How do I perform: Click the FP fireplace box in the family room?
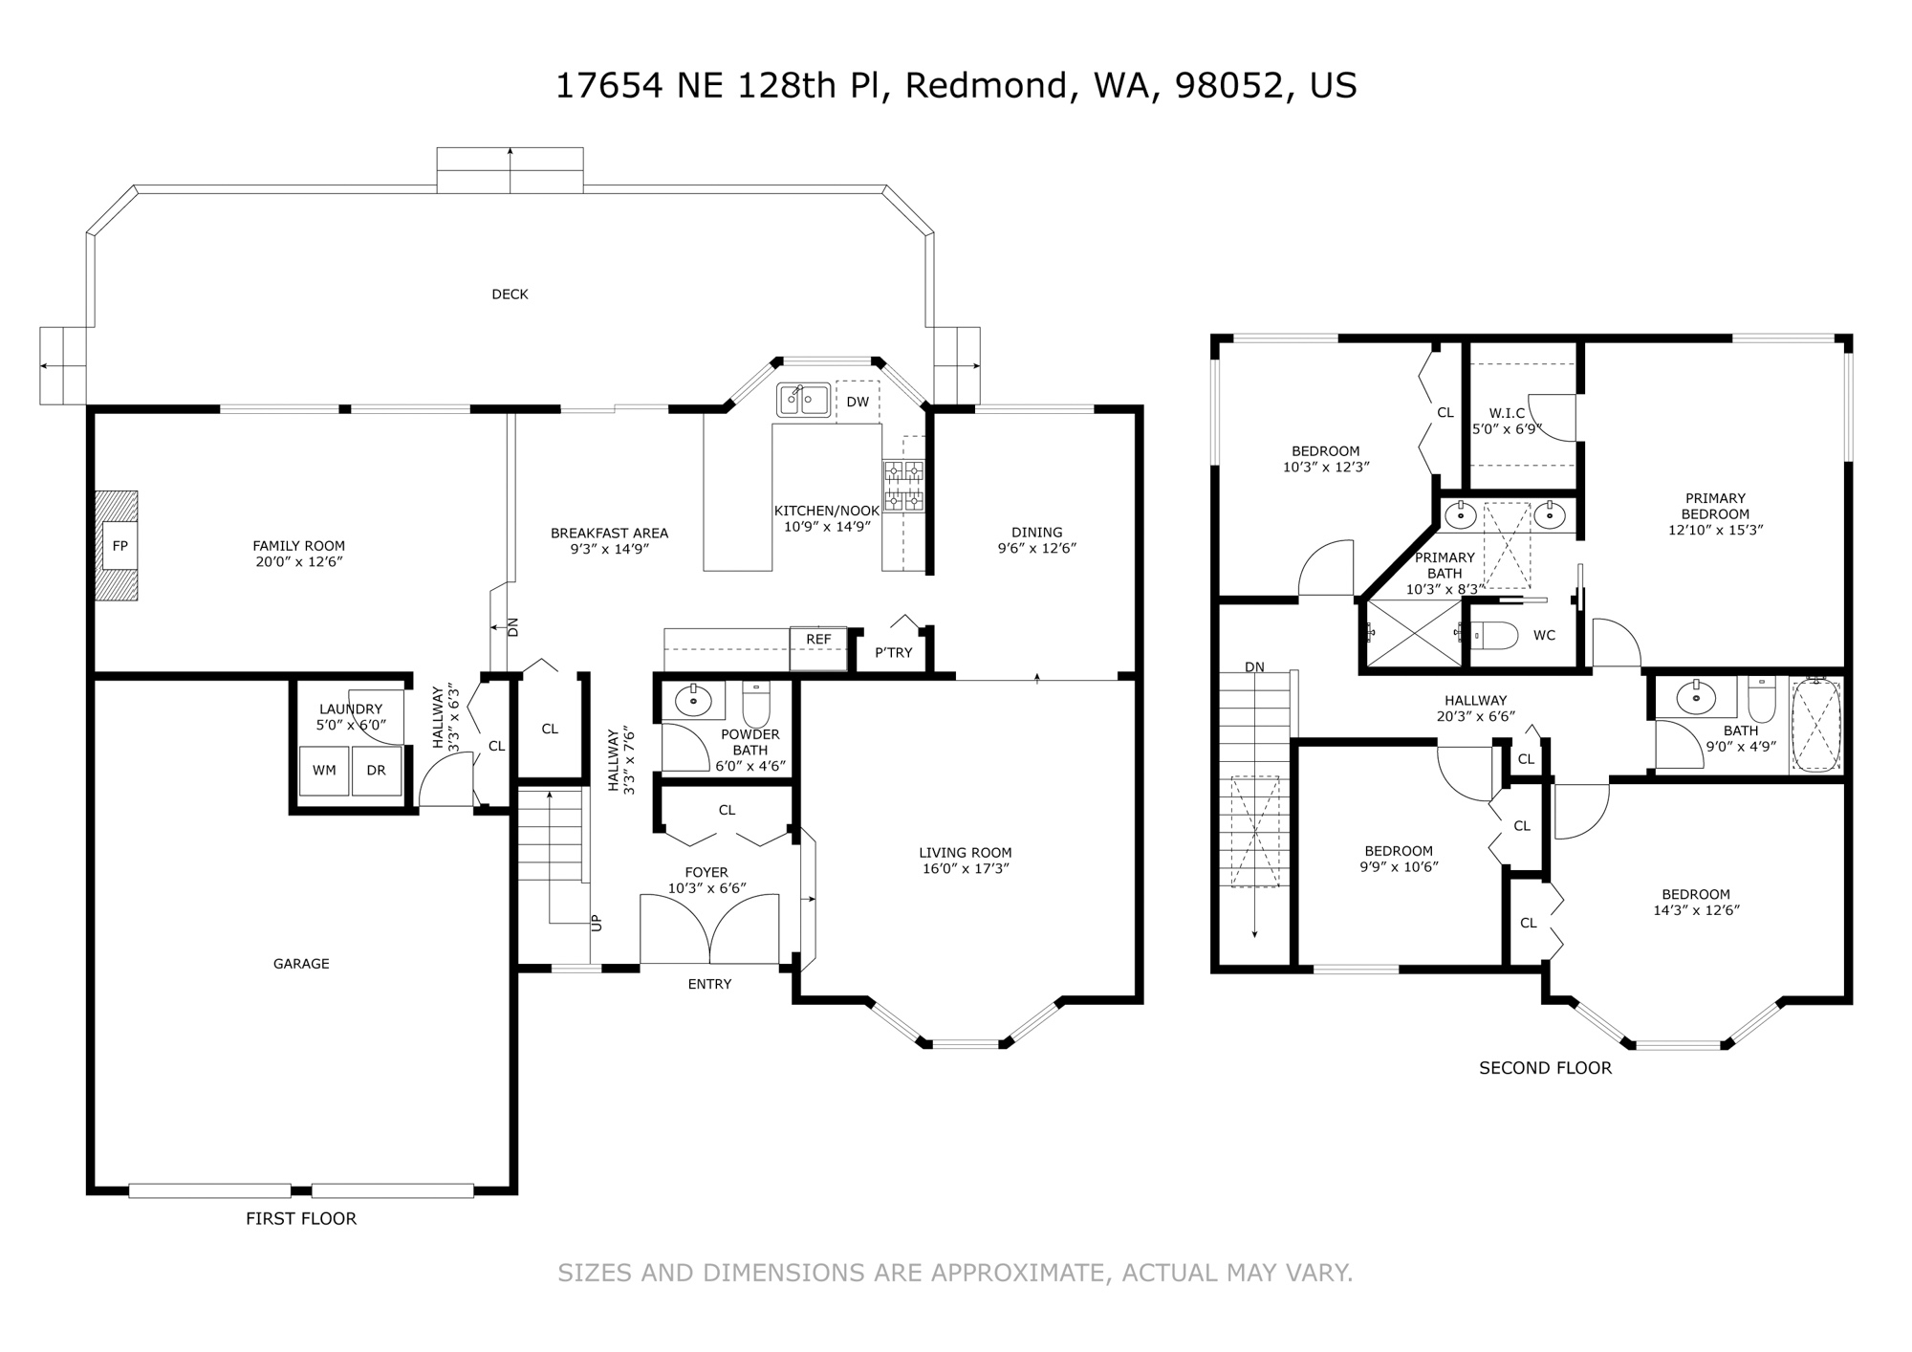(120, 546)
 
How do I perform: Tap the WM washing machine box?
(324, 771)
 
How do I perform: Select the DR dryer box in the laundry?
(377, 771)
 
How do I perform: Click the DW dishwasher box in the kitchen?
(858, 403)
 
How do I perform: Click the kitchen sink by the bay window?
(803, 400)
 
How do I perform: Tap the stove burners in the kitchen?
(903, 486)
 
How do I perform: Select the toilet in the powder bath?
(756, 704)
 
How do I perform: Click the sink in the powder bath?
(693, 701)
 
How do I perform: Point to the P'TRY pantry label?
(894, 653)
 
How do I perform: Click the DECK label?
(510, 294)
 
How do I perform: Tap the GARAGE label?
(301, 964)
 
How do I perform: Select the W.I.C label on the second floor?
(1507, 413)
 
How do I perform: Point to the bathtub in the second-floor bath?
(1815, 726)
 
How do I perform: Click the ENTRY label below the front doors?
(709, 984)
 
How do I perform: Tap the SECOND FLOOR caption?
(1545, 1068)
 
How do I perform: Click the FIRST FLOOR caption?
(301, 1218)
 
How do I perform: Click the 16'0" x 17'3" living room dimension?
(966, 869)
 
